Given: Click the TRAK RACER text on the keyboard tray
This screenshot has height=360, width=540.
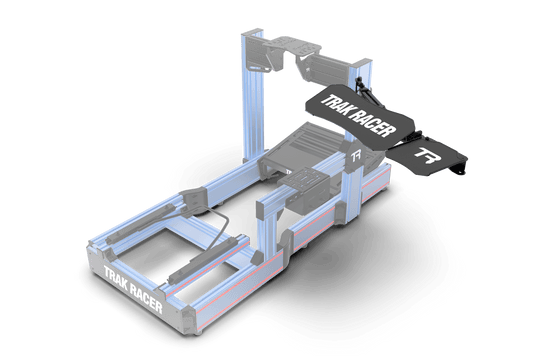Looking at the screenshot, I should tap(351, 106).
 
